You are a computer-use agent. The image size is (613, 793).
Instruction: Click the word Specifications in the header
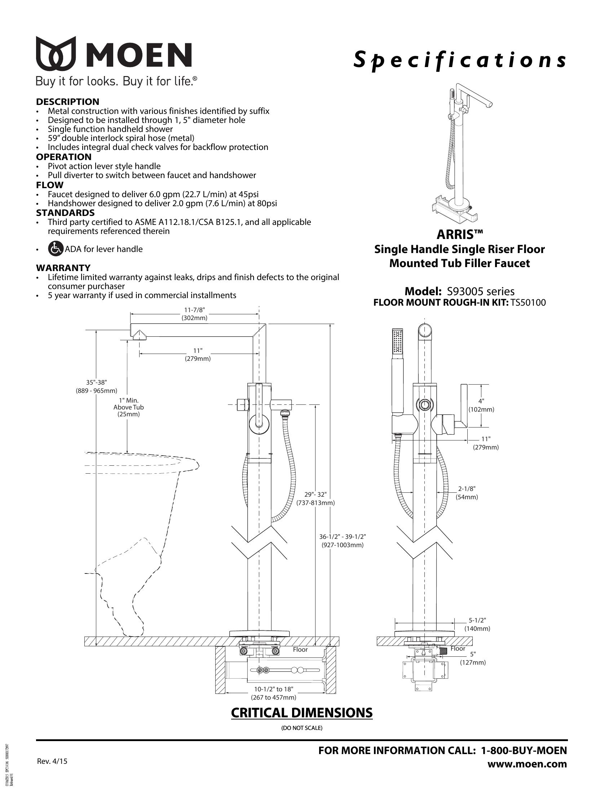pos(459,61)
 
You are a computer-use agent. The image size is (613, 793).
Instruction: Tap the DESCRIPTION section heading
pos(67,102)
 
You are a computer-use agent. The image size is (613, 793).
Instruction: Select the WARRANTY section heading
pos(63,267)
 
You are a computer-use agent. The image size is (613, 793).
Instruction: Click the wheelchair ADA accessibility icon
pos(55,249)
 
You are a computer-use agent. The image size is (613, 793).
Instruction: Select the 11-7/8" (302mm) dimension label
pos(194,314)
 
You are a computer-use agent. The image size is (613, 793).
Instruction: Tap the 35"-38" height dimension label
pos(97,386)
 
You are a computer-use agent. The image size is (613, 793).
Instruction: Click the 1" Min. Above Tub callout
pos(129,407)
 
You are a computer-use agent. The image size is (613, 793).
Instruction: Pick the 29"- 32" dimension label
pos(316,499)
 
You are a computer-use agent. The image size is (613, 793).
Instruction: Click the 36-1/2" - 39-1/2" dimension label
pos(343,541)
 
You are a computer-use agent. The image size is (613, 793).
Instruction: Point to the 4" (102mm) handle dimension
pos(481,405)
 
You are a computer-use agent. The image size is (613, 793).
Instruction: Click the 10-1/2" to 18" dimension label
pos(273,693)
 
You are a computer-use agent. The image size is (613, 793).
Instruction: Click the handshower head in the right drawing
pos(397,341)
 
